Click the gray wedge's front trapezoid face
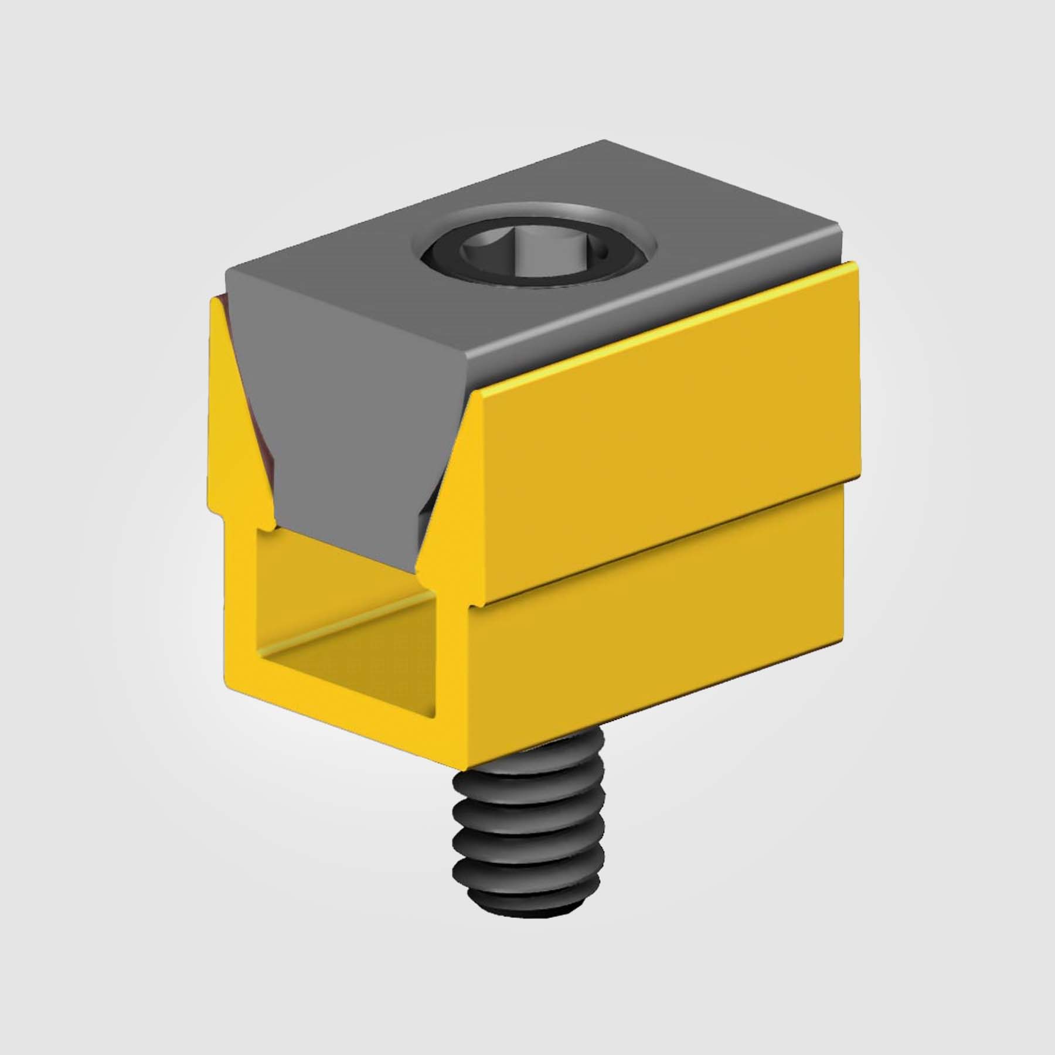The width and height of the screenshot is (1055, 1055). click(x=352, y=422)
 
